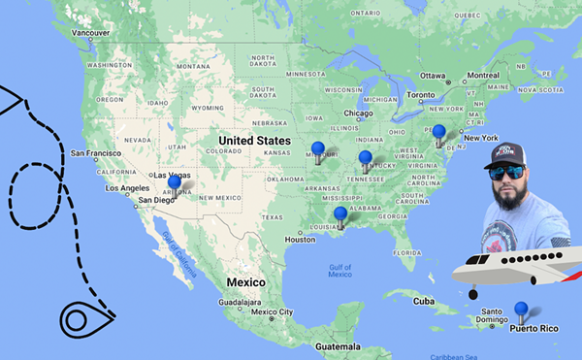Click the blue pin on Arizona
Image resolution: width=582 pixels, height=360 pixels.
(x=174, y=181)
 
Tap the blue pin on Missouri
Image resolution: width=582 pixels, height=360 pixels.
(x=316, y=149)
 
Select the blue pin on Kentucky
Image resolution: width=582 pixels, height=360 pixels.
(x=365, y=157)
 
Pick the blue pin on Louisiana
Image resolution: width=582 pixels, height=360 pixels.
(x=339, y=213)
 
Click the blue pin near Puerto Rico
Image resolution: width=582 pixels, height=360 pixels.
(x=521, y=310)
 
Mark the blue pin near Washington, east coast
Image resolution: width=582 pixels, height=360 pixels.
(x=438, y=131)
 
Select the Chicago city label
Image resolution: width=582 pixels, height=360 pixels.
(x=357, y=113)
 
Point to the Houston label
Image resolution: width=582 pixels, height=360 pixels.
(x=301, y=240)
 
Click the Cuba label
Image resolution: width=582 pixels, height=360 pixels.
(x=423, y=301)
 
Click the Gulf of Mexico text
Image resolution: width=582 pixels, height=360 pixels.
(x=339, y=270)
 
